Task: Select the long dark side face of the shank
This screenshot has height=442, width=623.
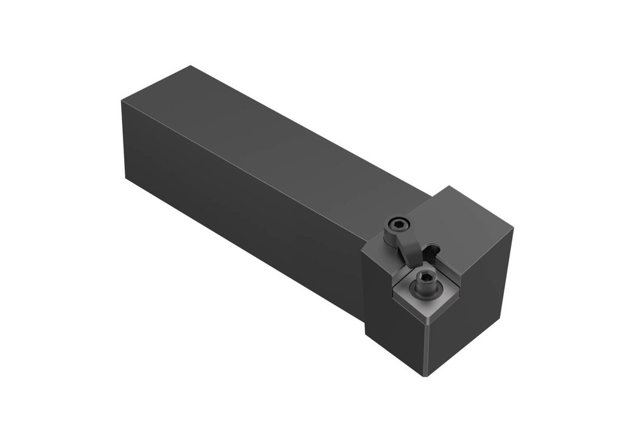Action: click(243, 207)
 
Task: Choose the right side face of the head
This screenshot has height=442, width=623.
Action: click(472, 304)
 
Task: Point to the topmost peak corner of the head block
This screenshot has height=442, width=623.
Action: click(450, 186)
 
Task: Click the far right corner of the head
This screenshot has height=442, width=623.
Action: click(513, 230)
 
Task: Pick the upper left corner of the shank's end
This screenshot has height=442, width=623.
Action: click(122, 101)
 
